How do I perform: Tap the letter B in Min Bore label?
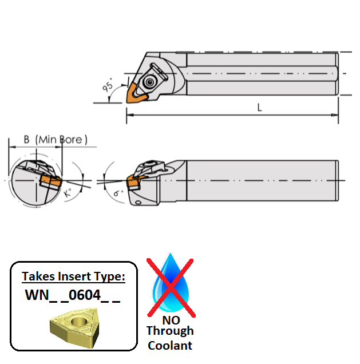(26, 139)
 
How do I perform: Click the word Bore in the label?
(72, 139)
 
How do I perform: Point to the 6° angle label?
(118, 193)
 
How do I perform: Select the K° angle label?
(68, 193)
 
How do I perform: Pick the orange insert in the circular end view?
(50, 181)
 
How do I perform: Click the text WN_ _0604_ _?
(73, 296)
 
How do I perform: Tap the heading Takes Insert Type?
(73, 277)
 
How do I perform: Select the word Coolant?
(169, 345)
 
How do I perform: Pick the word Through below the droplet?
(169, 331)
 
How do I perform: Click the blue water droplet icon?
(170, 283)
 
